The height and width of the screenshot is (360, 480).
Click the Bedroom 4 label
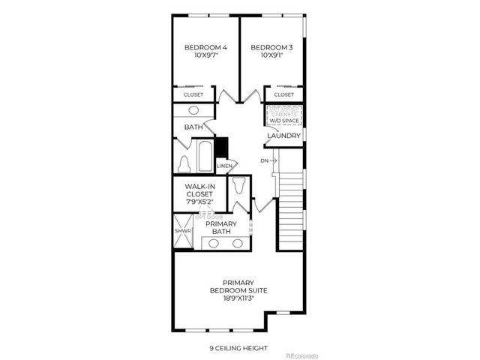click(205, 47)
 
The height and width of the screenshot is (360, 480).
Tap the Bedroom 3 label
click(271, 47)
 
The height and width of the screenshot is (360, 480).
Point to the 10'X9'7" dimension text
click(205, 55)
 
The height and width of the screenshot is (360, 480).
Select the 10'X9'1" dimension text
click(271, 55)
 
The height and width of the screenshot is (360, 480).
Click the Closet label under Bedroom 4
click(193, 95)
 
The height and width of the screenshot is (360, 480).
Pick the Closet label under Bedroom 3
click(284, 95)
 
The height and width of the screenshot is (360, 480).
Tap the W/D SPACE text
click(284, 120)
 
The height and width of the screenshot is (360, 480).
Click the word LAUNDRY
click(284, 136)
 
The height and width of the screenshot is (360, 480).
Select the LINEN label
click(224, 166)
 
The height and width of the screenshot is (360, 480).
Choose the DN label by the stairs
click(264, 160)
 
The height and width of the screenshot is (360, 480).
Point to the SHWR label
click(183, 231)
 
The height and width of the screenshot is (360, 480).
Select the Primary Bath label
click(221, 228)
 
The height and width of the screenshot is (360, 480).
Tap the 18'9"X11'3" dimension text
click(239, 298)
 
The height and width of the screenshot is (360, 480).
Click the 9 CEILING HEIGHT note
click(239, 348)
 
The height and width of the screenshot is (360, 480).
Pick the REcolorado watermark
click(302, 355)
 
